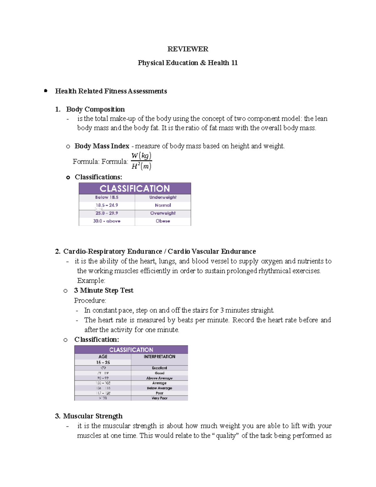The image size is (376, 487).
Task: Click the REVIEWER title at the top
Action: click(x=188, y=49)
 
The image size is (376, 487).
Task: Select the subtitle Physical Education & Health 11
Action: click(x=188, y=63)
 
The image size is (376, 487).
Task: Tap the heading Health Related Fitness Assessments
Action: click(x=111, y=91)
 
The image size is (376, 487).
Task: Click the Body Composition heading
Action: click(x=95, y=109)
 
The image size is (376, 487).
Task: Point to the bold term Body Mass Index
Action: click(x=102, y=146)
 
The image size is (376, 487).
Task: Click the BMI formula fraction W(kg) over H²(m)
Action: click(x=141, y=161)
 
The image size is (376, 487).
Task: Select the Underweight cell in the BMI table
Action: click(x=163, y=197)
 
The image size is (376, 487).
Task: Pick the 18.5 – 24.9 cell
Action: click(x=107, y=205)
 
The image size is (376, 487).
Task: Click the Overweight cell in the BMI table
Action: click(x=163, y=213)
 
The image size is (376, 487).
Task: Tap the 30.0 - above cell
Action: click(x=107, y=221)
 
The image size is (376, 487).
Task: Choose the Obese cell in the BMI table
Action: click(x=163, y=221)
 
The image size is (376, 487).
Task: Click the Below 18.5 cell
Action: click(x=107, y=197)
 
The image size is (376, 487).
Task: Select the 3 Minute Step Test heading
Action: click(x=104, y=290)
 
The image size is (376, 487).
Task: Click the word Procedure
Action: click(x=90, y=300)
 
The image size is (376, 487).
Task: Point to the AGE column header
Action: click(x=103, y=357)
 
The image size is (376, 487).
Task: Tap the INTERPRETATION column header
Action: click(x=159, y=357)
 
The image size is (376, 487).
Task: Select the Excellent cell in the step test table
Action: click(x=159, y=368)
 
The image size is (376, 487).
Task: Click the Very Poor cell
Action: click(x=159, y=398)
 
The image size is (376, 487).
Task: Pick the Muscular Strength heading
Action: click(x=93, y=416)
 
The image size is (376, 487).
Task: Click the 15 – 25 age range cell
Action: click(x=103, y=362)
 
